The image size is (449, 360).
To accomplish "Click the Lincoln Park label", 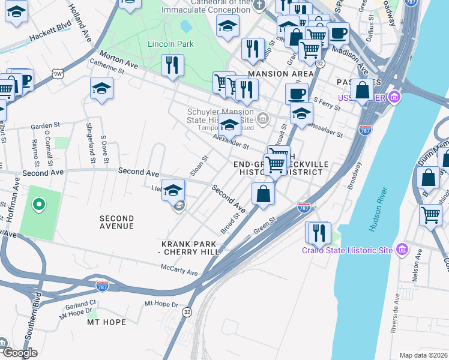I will (x=170, y=44).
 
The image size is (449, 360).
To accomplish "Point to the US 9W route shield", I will (x=58, y=74).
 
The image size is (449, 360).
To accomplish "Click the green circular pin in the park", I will (x=39, y=205).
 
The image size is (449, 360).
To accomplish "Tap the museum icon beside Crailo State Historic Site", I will (x=402, y=250).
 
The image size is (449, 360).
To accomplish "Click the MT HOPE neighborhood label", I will (x=106, y=322).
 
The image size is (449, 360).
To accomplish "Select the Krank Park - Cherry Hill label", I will (x=190, y=248).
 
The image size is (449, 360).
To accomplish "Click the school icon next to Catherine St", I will (x=102, y=89).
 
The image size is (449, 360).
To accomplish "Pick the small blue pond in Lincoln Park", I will (x=185, y=26).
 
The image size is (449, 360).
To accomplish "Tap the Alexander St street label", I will (x=231, y=142).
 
